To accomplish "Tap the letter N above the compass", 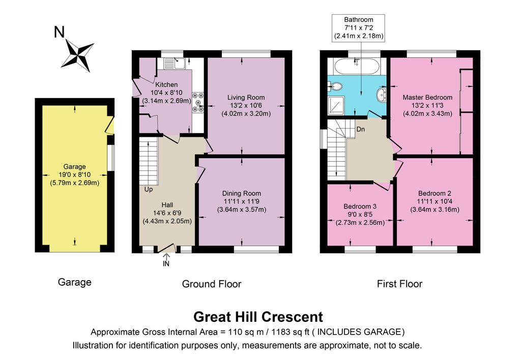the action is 59,32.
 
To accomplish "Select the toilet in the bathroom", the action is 336,86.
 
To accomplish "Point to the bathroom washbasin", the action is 382,94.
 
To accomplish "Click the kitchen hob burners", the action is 198,102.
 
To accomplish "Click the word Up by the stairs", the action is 149,189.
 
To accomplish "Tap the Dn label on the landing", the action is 361,129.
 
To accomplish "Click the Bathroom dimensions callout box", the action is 359,28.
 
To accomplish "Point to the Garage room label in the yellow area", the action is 74,167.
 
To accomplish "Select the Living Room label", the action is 246,97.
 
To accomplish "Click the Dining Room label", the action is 242,193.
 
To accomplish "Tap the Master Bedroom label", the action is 427,97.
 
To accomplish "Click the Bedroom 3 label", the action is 360,206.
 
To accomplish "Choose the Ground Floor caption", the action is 212,284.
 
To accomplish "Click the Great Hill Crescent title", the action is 258,316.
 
